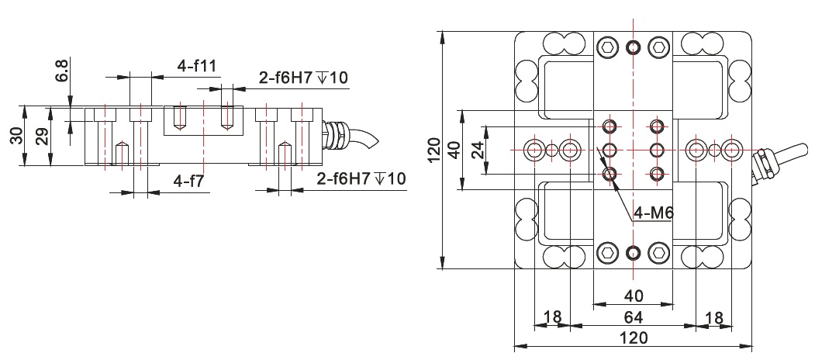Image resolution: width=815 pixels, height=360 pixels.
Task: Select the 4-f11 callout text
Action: pos(196,67)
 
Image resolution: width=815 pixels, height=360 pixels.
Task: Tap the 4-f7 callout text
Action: pos(189,182)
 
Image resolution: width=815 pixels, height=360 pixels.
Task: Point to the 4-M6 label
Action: pos(654,213)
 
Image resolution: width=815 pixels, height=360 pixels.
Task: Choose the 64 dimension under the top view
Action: pos(633,317)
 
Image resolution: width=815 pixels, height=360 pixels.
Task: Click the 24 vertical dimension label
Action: pos(478,150)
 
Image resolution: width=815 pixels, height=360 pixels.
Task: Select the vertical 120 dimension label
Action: pos(434,150)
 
